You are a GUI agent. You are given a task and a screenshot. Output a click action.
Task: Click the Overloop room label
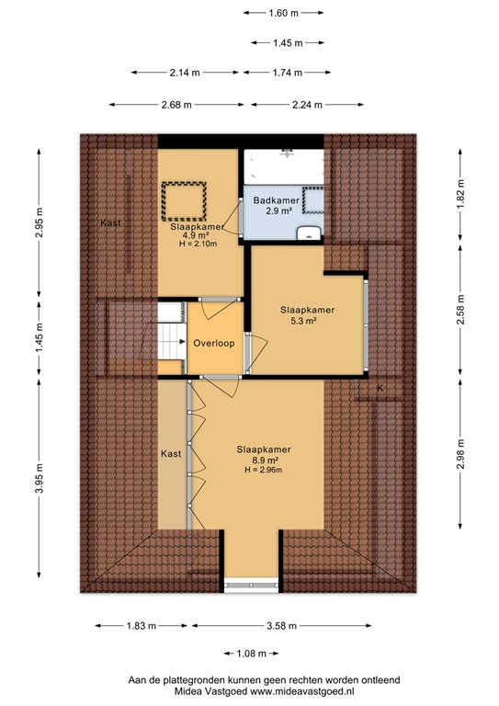(x=214, y=343)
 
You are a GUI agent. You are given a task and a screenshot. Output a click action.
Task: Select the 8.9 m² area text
(x=264, y=460)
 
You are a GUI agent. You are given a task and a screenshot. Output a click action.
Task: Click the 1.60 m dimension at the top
(x=284, y=13)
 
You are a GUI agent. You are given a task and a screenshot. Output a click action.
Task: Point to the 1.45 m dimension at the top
(x=289, y=43)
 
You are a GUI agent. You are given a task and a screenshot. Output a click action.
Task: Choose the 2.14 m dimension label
(x=186, y=73)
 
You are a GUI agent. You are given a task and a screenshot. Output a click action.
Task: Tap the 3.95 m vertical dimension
(x=40, y=490)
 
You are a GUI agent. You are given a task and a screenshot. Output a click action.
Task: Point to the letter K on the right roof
(x=379, y=389)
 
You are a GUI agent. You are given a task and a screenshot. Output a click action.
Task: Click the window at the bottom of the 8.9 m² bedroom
(x=251, y=582)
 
